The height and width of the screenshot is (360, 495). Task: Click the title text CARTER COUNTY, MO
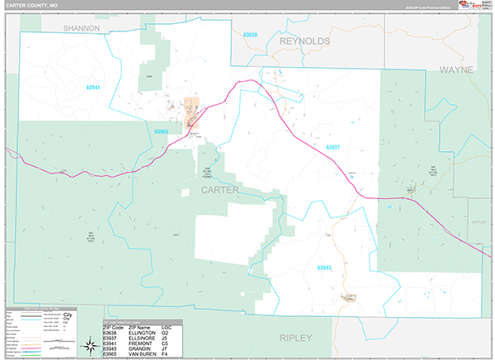click(31, 6)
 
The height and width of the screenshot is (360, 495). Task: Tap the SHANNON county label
click(82, 28)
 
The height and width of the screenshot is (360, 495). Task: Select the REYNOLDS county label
click(304, 40)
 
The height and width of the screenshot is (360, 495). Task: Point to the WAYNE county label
click(456, 70)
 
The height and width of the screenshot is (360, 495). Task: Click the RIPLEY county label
click(296, 338)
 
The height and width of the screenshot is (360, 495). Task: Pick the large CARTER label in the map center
click(219, 190)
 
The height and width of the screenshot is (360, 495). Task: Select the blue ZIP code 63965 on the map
click(161, 131)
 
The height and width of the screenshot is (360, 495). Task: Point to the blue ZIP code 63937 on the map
click(332, 148)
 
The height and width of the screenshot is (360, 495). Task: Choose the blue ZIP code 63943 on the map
click(323, 268)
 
